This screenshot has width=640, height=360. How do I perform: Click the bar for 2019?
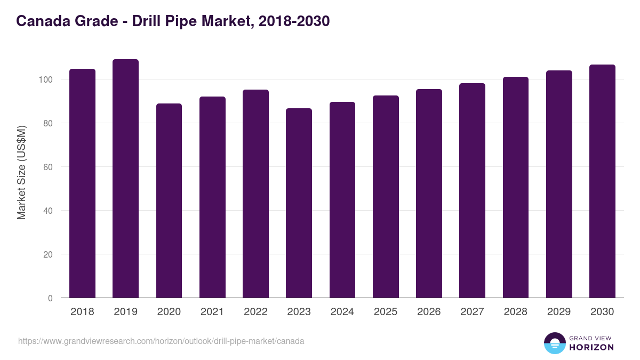(125, 179)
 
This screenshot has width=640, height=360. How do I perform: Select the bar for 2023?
(299, 203)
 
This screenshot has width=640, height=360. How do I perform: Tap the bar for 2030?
(602, 181)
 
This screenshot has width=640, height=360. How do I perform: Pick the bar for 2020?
(169, 201)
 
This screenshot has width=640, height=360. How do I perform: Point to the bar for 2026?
(429, 194)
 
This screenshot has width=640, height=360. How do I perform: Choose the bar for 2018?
(82, 183)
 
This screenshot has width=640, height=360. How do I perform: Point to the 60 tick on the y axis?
(49, 167)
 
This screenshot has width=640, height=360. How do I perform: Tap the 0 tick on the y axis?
(51, 298)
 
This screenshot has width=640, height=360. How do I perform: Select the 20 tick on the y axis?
(49, 254)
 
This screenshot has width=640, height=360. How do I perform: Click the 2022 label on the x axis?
(255, 312)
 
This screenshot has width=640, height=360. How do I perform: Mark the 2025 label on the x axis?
(386, 312)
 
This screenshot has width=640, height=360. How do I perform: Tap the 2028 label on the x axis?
(515, 312)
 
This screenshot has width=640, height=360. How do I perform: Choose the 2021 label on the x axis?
(212, 312)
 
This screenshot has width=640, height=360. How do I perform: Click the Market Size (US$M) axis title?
(21, 173)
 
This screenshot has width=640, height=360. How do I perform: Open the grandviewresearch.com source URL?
(161, 341)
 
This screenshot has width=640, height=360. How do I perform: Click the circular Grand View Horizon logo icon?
(554, 343)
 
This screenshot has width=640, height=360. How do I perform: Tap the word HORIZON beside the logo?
(591, 347)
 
